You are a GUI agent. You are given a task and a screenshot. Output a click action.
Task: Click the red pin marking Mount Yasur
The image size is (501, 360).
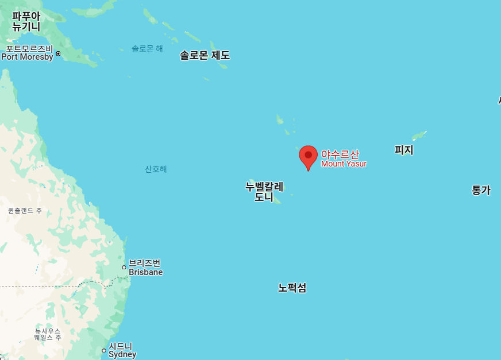(x=308, y=156)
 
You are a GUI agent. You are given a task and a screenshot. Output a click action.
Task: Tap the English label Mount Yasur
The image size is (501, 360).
(x=344, y=164)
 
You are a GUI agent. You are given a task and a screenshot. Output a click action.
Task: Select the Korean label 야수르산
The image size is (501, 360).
(x=340, y=154)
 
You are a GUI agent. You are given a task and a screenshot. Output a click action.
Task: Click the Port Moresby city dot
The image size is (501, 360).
(x=58, y=54)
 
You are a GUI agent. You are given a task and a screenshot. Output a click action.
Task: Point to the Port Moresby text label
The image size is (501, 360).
(x=27, y=57)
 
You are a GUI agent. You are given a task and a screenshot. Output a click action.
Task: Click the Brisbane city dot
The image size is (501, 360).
(x=124, y=267)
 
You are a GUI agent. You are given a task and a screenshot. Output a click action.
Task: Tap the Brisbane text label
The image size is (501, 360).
(x=145, y=272)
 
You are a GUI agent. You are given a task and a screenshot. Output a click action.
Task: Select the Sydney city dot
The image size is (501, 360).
(x=104, y=350)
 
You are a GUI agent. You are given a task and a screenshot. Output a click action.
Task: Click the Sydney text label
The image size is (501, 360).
(x=122, y=354)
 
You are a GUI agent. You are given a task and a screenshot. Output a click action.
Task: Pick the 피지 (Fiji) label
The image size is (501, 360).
(x=404, y=150)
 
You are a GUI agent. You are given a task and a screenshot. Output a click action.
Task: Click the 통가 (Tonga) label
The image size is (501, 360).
(x=481, y=191)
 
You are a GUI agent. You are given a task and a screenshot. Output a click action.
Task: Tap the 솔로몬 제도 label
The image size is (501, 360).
(x=205, y=56)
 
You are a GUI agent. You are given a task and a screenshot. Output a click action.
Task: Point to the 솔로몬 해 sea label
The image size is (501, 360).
(x=147, y=49)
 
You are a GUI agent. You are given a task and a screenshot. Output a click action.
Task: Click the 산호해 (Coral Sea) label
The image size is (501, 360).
(x=156, y=169)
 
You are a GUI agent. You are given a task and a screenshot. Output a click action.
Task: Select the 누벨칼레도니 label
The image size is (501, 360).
(x=264, y=192)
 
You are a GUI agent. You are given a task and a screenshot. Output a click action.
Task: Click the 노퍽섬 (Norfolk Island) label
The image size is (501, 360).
(x=292, y=288)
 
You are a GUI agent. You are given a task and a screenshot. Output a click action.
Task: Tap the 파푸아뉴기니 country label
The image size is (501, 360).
(x=26, y=21)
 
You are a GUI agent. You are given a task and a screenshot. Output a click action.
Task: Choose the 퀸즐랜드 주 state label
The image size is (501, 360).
(x=25, y=211)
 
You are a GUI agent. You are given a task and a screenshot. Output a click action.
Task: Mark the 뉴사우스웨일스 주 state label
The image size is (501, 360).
(x=47, y=334)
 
